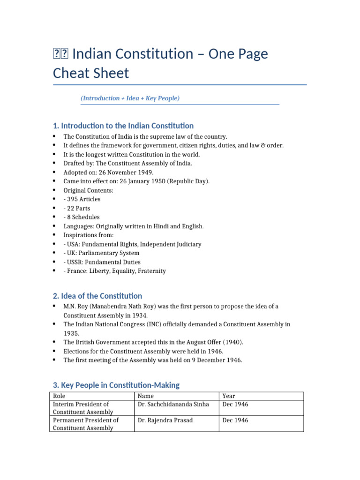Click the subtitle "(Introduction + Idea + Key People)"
(130, 98)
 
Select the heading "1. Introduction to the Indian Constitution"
(123, 126)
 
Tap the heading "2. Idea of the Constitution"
(97, 296)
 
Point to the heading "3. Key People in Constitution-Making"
(116, 385)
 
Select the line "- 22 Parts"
(77, 208)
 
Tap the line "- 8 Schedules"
(82, 217)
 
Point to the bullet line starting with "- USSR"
(102, 262)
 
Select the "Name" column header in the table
(146, 396)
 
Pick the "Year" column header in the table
(229, 396)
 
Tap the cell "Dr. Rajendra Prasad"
(165, 420)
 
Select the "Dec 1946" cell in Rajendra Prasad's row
(235, 420)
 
